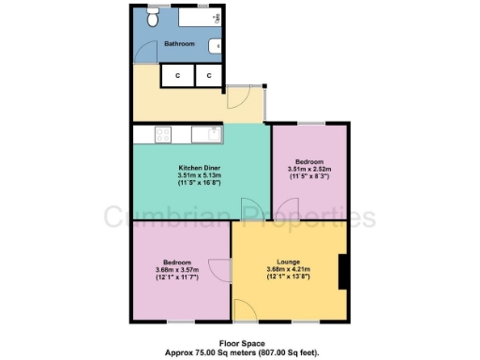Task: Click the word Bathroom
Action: (179, 44)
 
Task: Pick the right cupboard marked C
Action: (208, 76)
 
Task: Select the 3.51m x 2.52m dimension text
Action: (310, 168)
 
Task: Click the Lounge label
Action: (288, 262)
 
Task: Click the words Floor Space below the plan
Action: (239, 344)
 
